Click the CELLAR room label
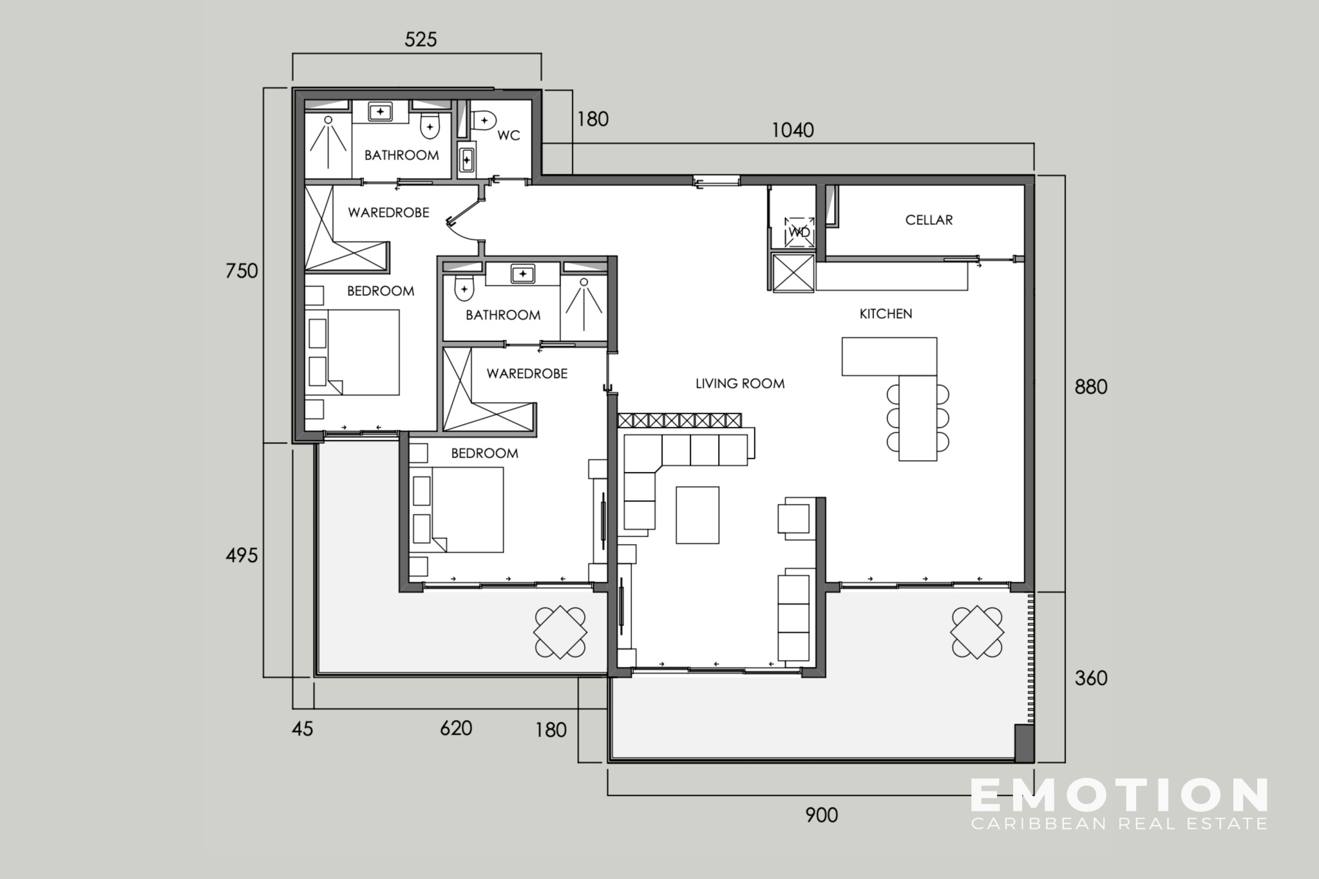(929, 220)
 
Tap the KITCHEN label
(886, 314)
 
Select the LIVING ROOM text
(740, 384)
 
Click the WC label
(508, 136)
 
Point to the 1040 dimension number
(793, 131)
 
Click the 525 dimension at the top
(421, 40)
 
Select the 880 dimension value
(1091, 387)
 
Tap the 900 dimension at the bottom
(822, 815)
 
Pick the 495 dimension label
(242, 555)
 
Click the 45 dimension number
(303, 729)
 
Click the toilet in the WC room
(484, 120)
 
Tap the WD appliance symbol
(799, 232)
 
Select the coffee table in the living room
(697, 515)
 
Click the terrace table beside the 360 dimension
(977, 632)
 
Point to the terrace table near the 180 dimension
(560, 632)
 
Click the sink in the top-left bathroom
(381, 112)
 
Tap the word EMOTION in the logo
(1119, 795)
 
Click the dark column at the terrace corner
(1024, 743)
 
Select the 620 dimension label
(456, 728)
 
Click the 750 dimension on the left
(242, 271)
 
